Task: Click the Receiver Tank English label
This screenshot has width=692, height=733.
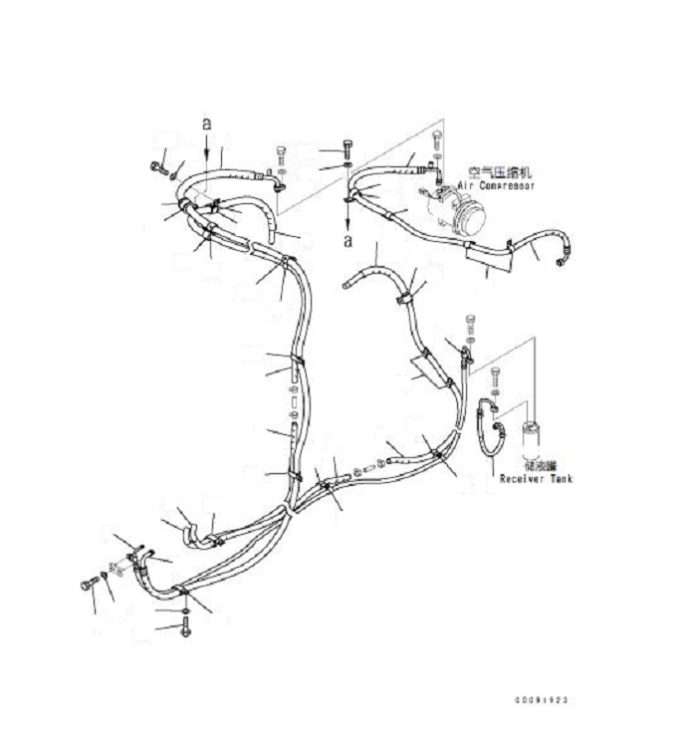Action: tap(536, 479)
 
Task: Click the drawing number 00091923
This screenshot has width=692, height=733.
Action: tap(542, 700)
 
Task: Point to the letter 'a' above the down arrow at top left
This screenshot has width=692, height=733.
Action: tap(206, 123)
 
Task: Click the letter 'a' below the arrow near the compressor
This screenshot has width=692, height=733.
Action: tap(346, 240)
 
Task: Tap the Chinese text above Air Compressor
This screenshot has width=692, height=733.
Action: tap(499, 171)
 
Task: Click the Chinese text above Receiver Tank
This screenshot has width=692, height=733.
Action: tap(542, 465)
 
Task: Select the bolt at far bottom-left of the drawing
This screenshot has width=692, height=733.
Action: tap(87, 585)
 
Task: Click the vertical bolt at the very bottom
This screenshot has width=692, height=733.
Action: tap(185, 627)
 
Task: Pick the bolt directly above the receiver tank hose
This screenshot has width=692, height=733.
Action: tap(497, 377)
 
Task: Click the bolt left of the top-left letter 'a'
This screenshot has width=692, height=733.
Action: tap(158, 166)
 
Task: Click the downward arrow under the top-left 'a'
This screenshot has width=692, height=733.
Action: tap(206, 149)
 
